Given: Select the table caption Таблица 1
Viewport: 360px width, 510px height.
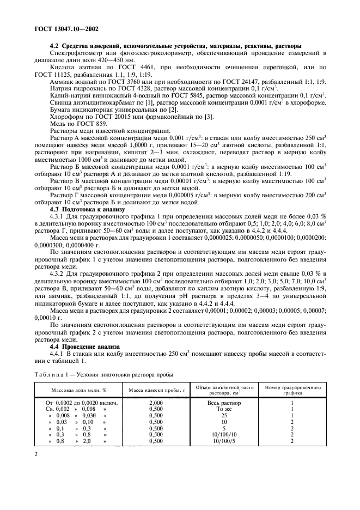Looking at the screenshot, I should (x=51, y=374).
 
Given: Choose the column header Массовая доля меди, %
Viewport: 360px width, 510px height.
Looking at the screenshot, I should (x=78, y=391).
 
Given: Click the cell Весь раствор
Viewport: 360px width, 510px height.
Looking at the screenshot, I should (x=225, y=403).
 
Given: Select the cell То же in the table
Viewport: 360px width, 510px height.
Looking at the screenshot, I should (x=225, y=409).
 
